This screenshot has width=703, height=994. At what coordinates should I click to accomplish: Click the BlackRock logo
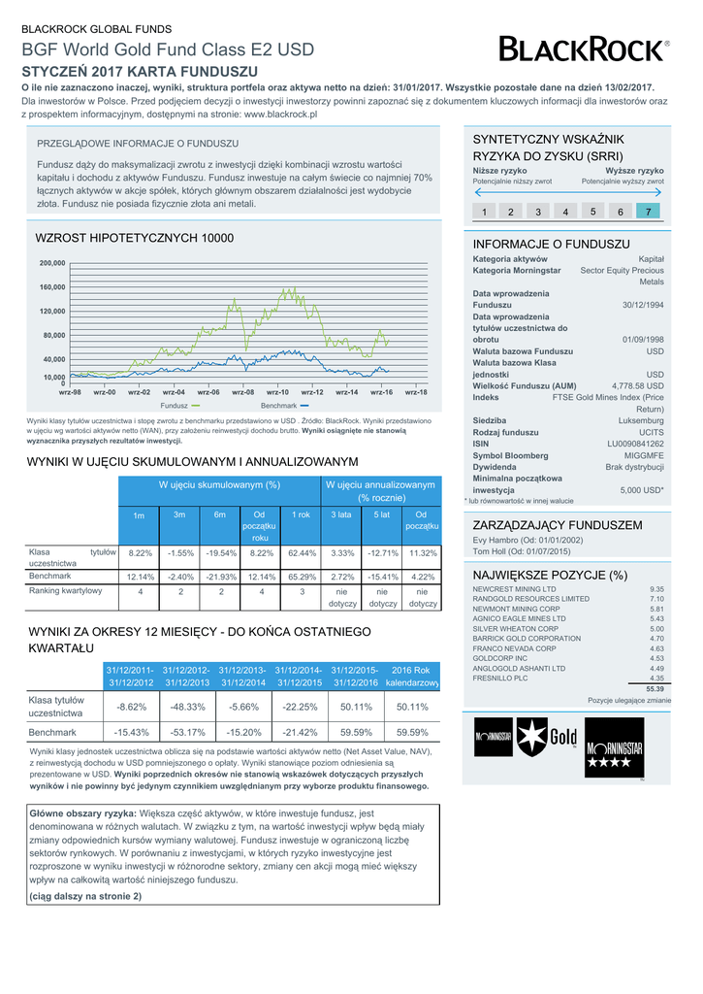coord(583,48)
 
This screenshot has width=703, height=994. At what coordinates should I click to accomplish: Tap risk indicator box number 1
coord(483,212)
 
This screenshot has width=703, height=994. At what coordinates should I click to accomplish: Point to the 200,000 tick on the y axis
coord(52,263)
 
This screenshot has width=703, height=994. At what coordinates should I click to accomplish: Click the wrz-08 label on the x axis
coord(243,391)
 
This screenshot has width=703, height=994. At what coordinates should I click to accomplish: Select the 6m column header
coord(220,514)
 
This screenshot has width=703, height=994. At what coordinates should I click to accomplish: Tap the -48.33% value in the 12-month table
coord(186,707)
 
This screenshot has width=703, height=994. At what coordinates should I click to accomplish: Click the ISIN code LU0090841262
coord(635,444)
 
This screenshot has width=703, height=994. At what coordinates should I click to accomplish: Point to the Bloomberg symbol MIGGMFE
coord(643,455)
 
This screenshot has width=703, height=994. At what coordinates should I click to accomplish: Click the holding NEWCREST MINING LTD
coord(514,589)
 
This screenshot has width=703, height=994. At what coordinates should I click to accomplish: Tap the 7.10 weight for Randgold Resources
coord(655,600)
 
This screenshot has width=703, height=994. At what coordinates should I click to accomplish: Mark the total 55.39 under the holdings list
coord(655,689)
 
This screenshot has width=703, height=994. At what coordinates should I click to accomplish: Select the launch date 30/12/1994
coord(643,305)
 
